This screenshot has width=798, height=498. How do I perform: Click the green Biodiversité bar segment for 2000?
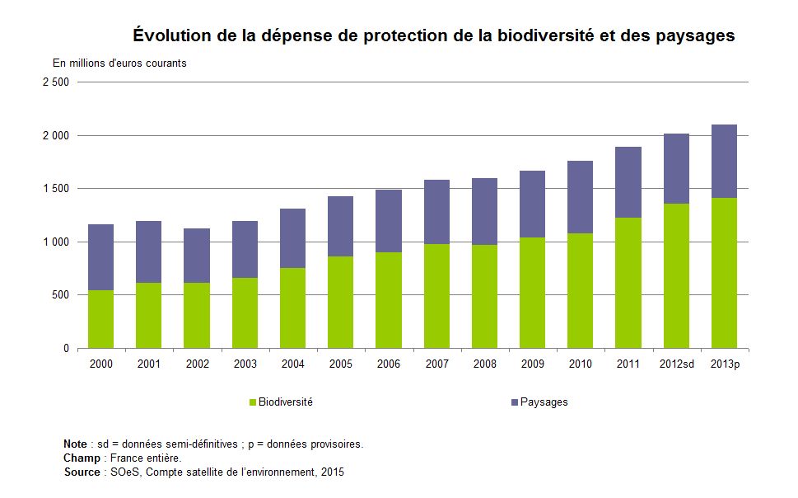(100, 319)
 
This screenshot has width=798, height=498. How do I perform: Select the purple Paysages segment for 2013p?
(724, 162)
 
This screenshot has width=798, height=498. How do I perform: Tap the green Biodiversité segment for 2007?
(436, 296)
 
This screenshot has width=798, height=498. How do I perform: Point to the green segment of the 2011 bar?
(628, 283)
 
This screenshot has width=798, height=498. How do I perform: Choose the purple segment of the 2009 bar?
(532, 204)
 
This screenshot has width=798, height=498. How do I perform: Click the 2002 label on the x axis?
(197, 364)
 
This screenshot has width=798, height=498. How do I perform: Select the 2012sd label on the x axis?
(675, 364)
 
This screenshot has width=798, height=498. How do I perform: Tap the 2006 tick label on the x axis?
(389, 364)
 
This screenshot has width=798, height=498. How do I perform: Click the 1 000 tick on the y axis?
(57, 242)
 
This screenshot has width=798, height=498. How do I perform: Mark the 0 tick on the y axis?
(67, 349)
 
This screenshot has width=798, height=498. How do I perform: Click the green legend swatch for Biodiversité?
(253, 402)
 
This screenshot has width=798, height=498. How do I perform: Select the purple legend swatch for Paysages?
(515, 402)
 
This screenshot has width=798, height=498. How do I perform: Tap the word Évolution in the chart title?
(170, 36)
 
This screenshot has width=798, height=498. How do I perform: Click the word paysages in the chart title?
(694, 36)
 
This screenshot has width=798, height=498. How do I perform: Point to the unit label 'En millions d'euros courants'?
(119, 63)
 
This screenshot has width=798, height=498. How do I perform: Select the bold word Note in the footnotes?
(76, 444)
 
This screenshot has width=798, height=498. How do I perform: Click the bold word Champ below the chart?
(82, 458)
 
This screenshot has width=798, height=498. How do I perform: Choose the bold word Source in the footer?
(82, 472)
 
